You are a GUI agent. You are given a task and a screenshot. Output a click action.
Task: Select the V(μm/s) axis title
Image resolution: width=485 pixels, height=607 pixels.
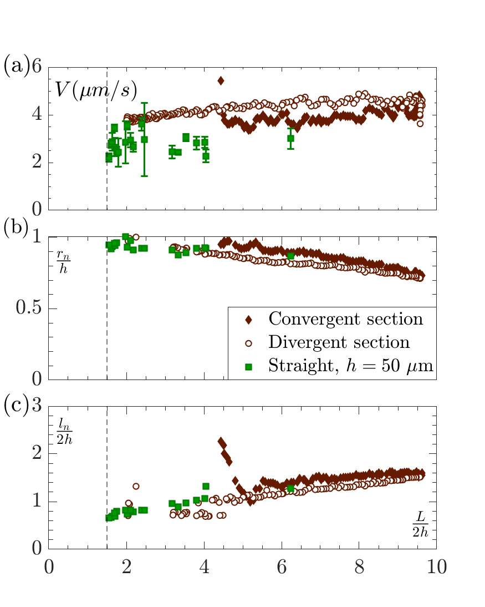coord(96,89)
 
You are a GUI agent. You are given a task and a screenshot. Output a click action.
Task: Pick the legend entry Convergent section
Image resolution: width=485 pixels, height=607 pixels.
coord(345,319)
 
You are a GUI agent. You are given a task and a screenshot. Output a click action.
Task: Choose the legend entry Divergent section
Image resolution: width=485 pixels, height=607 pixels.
coord(339,342)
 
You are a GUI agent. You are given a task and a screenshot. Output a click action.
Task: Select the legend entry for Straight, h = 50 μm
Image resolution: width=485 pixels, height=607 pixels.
coord(350,365)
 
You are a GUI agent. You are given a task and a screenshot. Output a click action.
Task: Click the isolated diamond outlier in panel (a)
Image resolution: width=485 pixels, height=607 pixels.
coord(221,80)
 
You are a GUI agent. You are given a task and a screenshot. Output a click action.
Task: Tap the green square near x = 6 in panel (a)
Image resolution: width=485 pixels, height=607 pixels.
coord(290,139)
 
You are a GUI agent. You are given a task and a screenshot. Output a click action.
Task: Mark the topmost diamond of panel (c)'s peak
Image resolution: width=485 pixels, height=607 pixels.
coord(221,441)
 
